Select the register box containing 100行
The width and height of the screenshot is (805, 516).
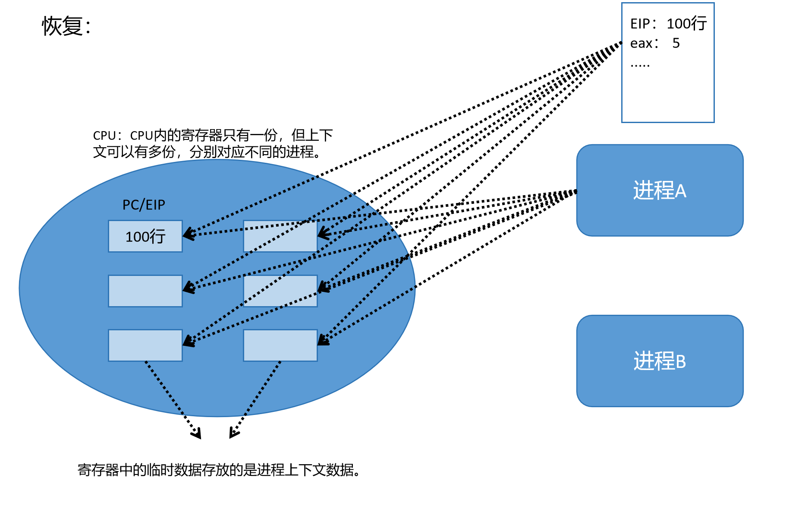click(145, 236)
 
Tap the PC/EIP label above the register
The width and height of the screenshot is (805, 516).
click(144, 205)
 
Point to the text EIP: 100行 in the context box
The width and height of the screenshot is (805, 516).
click(668, 23)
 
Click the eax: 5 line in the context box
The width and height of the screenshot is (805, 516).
click(654, 43)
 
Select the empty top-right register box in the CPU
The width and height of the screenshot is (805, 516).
click(280, 236)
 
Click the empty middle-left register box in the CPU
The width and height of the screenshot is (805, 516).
click(145, 291)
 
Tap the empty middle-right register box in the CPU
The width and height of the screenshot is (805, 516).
click(280, 291)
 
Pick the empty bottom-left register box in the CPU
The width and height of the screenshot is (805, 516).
click(145, 345)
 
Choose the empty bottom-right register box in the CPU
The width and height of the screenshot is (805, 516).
click(280, 345)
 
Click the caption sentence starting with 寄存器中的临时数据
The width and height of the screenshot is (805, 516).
click(219, 470)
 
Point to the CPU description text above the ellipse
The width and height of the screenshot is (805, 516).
click(212, 143)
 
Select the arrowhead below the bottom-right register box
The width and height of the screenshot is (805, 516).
click(233, 434)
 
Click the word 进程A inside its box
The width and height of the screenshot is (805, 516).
click(659, 190)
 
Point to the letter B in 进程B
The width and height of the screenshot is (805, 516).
click(680, 362)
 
